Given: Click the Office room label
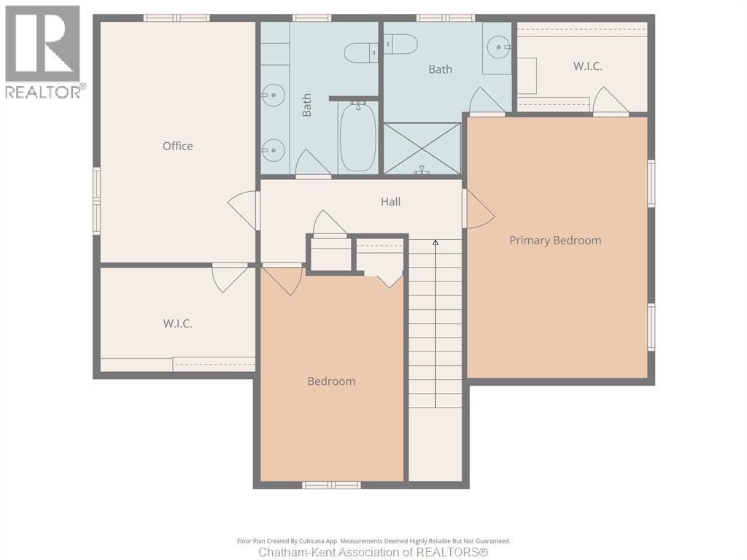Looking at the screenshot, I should click(178, 146).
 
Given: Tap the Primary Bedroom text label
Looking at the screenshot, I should click(555, 240).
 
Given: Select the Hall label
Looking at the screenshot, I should click(390, 201).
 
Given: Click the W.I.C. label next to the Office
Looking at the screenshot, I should click(177, 323).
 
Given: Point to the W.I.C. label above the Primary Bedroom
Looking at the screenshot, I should click(587, 66).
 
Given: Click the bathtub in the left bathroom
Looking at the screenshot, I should click(357, 137).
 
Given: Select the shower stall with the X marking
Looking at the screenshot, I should click(422, 149).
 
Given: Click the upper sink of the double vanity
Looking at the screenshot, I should click(273, 93).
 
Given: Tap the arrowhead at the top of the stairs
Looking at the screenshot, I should click(436, 242).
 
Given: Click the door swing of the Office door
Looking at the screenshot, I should click(244, 209).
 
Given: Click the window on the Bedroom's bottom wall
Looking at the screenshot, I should click(331, 485).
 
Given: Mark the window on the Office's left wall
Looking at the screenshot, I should click(96, 201).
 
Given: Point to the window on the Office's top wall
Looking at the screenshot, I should click(177, 17).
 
